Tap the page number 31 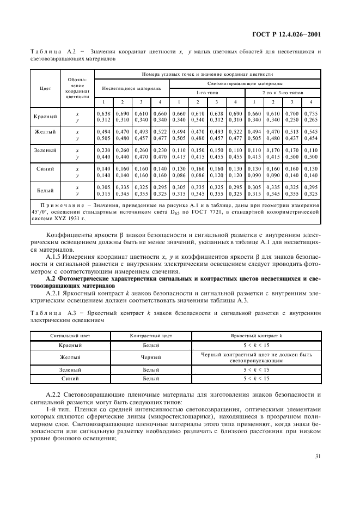317,471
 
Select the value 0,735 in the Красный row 311,113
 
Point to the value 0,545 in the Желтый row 311,131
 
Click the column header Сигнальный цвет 66,336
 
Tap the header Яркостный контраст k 256,336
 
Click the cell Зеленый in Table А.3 66,369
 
